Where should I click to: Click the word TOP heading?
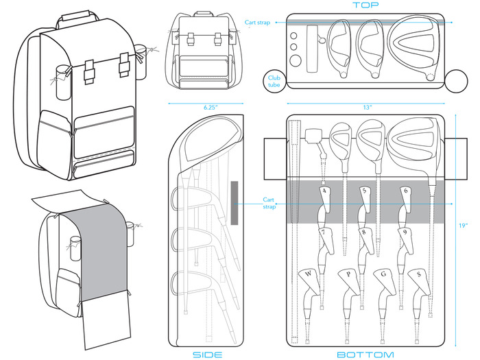tap(365, 5)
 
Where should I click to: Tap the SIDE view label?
tap(207, 354)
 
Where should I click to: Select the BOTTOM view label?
tap(365, 354)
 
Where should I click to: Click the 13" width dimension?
tap(368, 108)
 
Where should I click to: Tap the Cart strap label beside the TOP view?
tap(259, 23)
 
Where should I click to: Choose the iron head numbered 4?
tap(324, 193)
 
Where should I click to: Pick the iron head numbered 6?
tap(406, 193)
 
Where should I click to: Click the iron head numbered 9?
tap(406, 234)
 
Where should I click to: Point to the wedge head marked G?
tap(383, 276)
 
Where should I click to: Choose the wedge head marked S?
tap(418, 276)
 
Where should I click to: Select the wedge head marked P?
tap(349, 276)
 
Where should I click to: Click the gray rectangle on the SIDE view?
tap(235, 203)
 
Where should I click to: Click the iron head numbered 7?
tap(324, 234)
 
